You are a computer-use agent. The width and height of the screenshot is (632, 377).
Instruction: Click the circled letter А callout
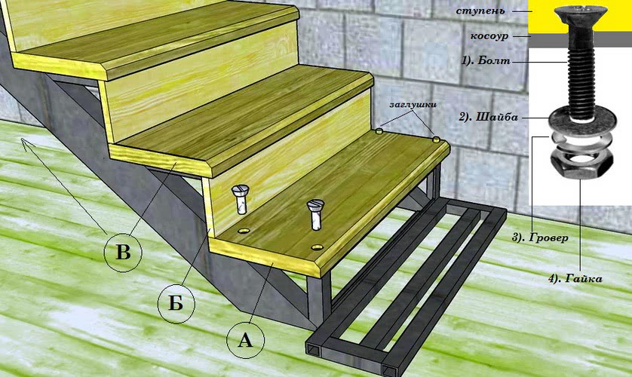[x=245, y=339]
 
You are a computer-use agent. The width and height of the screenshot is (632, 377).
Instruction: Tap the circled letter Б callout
[x=176, y=303]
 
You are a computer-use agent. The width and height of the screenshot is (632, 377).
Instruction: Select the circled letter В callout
[x=123, y=253]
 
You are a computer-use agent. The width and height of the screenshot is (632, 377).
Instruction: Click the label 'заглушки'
[x=413, y=104]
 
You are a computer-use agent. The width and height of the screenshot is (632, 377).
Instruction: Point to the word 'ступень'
[x=480, y=11]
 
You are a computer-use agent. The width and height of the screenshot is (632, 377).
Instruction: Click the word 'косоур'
[x=489, y=36]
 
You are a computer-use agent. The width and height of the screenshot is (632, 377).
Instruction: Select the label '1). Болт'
[x=486, y=61]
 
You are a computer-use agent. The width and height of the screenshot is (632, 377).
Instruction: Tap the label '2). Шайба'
[x=489, y=117]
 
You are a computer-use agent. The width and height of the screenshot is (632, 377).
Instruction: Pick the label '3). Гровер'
[x=540, y=238]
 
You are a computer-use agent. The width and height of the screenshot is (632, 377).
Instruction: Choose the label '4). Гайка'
[x=575, y=278]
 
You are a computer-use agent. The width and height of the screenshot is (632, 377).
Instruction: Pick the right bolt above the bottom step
[x=315, y=215]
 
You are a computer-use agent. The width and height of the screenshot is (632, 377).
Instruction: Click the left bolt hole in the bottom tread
[x=244, y=231]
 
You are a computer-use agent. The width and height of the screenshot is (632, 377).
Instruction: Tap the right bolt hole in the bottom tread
[x=318, y=247]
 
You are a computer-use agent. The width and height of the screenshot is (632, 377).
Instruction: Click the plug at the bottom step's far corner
[x=437, y=139]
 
